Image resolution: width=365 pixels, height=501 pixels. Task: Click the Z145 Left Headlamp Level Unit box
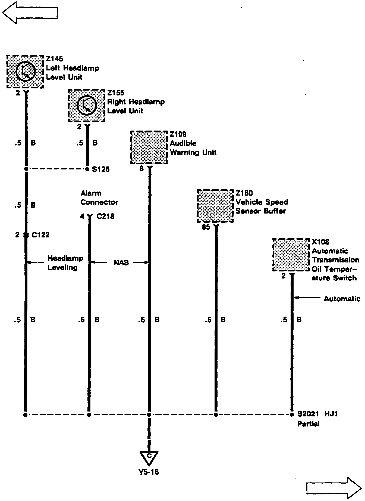click(x=25, y=72)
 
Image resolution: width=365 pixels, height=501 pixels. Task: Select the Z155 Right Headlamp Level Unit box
click(x=86, y=106)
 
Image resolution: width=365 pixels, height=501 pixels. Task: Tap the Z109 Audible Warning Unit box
click(x=149, y=147)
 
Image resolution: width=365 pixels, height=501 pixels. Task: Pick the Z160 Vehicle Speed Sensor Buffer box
click(x=215, y=206)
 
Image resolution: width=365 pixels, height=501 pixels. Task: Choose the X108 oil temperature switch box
click(x=291, y=255)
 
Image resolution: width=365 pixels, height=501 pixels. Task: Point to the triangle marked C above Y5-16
click(x=149, y=457)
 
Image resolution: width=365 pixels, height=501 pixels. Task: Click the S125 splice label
click(x=101, y=169)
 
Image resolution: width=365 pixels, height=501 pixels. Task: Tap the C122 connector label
click(x=40, y=235)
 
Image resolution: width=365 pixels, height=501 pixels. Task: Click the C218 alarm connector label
click(x=106, y=217)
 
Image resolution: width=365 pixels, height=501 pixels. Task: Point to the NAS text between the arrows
click(x=121, y=263)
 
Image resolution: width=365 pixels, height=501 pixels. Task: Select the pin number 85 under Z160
click(x=206, y=227)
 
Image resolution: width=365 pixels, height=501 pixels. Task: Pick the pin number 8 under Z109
click(x=141, y=169)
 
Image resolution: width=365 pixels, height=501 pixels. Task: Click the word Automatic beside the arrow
click(x=342, y=299)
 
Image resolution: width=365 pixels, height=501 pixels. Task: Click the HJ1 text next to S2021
click(x=331, y=414)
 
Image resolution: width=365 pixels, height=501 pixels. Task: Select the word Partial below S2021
click(x=308, y=424)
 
